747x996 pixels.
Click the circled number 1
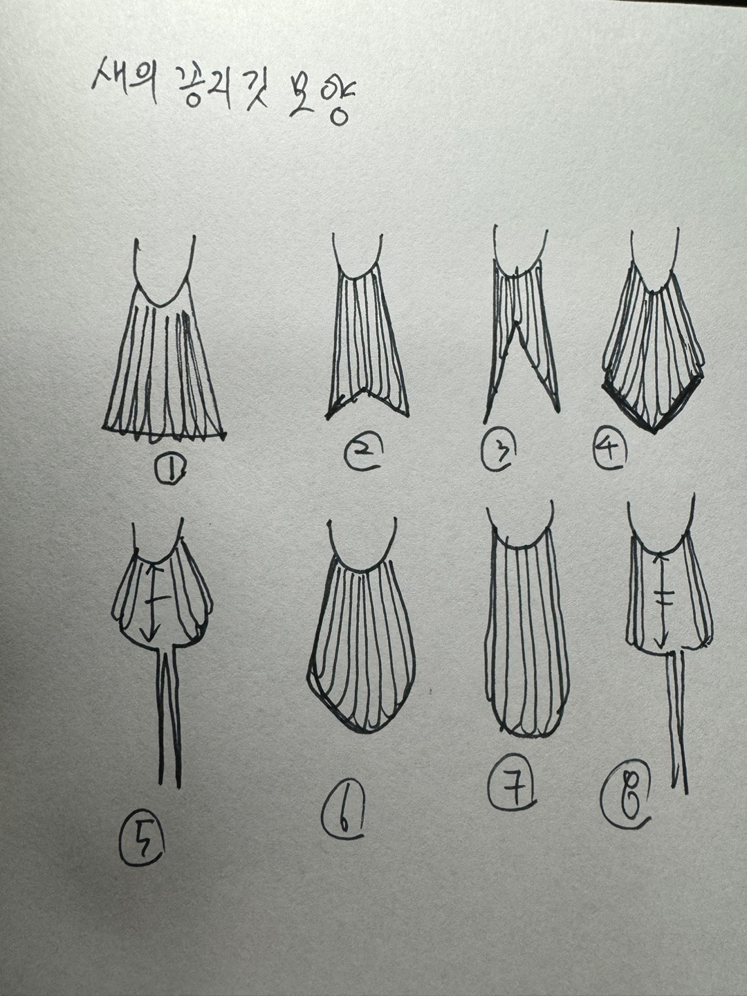[x=172, y=471]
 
